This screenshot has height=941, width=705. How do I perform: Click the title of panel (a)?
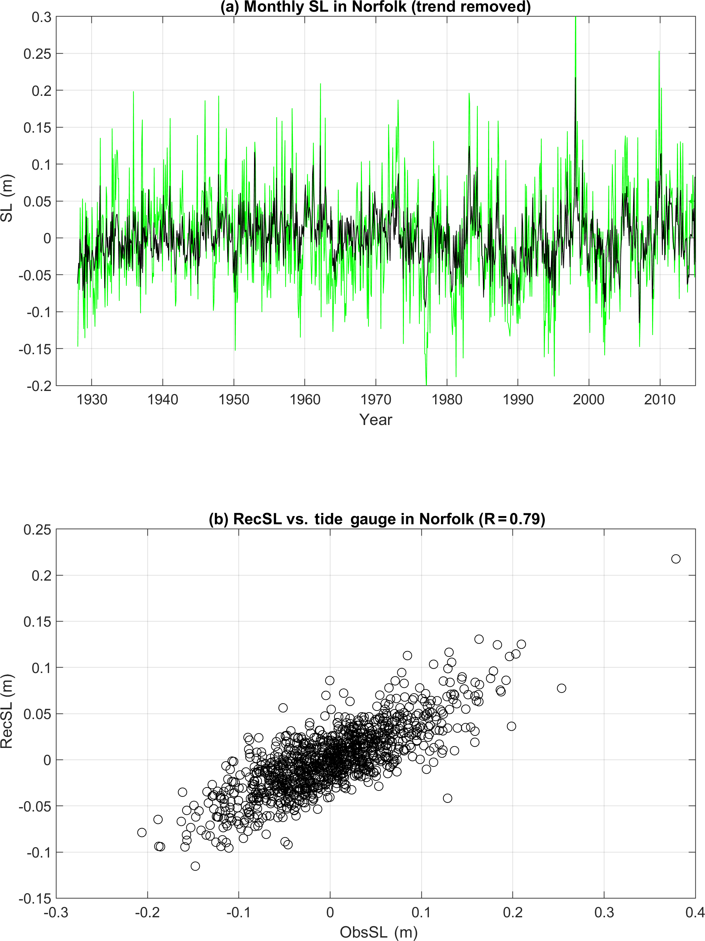[x=375, y=7]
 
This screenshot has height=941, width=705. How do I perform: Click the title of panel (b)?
[x=377, y=519]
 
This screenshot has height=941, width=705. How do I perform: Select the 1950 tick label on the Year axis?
[x=234, y=400]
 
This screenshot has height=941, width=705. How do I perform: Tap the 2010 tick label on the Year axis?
[x=659, y=400]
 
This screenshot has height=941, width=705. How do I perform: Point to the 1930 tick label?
[x=91, y=400]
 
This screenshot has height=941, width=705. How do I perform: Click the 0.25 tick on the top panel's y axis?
[x=37, y=54]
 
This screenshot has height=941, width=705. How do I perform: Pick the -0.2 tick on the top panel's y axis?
[x=36, y=386]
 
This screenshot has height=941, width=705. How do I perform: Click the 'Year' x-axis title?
[x=375, y=420]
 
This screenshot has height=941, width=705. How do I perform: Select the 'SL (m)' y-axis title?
[x=7, y=198]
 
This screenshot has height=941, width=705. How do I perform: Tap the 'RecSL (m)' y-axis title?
[x=7, y=711]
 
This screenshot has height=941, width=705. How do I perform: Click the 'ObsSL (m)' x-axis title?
[x=378, y=932]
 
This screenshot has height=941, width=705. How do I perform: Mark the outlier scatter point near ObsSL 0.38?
[x=676, y=559]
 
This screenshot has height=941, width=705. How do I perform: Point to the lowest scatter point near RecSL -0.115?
[x=195, y=866]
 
